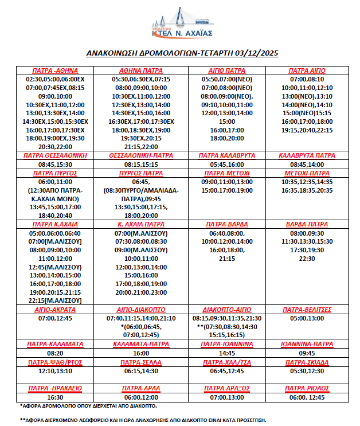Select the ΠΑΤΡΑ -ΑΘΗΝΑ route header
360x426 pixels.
(x=56, y=71)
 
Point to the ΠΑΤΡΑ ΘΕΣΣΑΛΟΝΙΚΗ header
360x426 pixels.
(x=56, y=155)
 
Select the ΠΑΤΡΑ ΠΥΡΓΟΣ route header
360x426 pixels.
(x=56, y=173)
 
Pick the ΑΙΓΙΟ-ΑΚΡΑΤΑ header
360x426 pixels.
(x=56, y=309)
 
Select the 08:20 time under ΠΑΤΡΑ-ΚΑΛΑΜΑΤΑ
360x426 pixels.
(x=56, y=354)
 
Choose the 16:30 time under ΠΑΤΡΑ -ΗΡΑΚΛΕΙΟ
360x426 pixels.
(x=56, y=397)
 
